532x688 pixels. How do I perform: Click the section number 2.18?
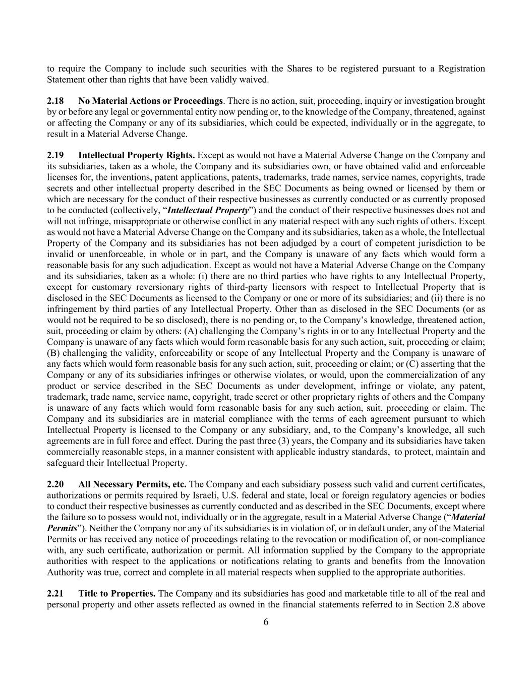[55, 101]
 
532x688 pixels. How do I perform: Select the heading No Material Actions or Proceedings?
[150, 101]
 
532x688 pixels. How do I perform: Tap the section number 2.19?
[55, 155]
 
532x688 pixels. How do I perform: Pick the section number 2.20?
[55, 484]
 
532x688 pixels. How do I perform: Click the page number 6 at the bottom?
[266, 622]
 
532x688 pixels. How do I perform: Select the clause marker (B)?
[53, 353]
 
